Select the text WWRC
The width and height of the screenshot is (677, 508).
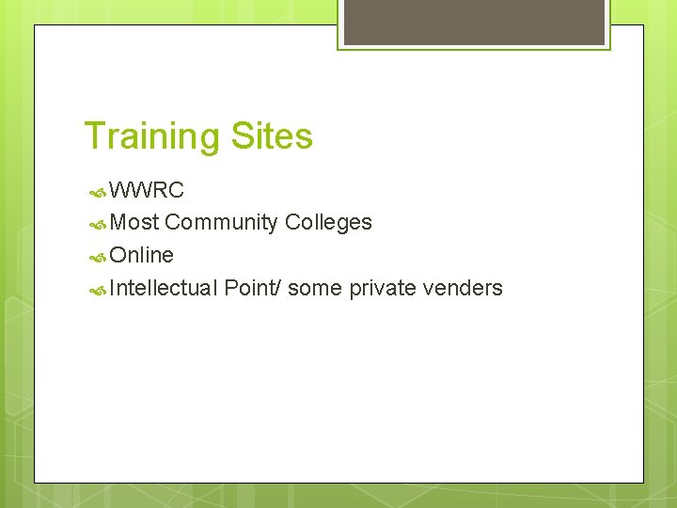pyautogui.click(x=147, y=190)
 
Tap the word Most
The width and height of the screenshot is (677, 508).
pyautogui.click(x=134, y=223)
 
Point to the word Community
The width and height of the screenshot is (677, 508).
pyautogui.click(x=221, y=223)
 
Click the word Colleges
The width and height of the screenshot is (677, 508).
pyautogui.click(x=328, y=223)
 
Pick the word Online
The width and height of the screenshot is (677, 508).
pyautogui.click(x=142, y=255)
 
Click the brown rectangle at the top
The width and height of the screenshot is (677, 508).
pyautogui.click(x=474, y=22)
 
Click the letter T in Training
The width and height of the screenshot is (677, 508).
pyautogui.click(x=93, y=136)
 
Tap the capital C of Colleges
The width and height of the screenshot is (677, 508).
pyautogui.click(x=291, y=223)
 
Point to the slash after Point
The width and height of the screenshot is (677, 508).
pyautogui.click(x=278, y=288)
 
